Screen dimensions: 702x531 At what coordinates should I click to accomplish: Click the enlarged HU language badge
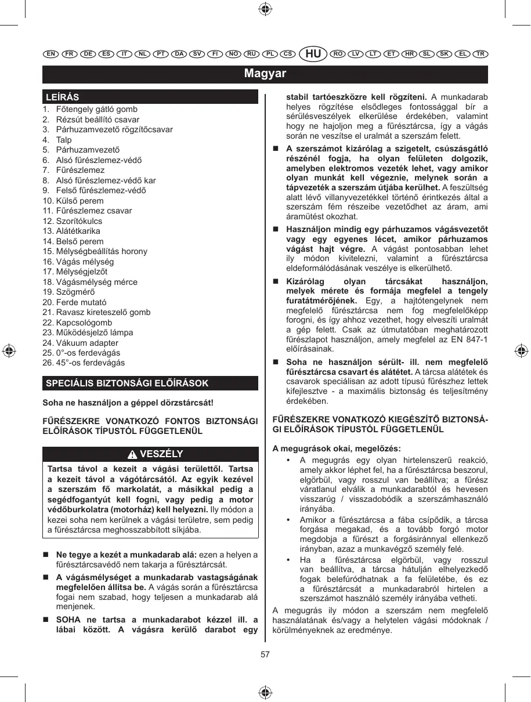point(313,54)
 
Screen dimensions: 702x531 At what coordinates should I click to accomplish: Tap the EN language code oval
point(50,54)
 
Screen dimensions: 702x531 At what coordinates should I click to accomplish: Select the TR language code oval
point(479,54)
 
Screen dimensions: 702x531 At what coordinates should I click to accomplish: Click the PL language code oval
point(269,54)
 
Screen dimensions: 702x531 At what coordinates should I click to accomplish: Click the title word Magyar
point(265,74)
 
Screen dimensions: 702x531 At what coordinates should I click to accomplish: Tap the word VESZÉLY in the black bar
point(161,454)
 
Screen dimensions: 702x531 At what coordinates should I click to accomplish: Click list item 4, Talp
point(64,140)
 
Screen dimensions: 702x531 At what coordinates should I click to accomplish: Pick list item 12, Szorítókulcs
point(79,221)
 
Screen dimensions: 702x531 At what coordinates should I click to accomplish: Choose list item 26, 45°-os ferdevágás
point(90,363)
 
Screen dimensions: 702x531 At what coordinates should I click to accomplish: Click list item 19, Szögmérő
point(75,292)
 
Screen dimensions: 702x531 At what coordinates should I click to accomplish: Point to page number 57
point(265,654)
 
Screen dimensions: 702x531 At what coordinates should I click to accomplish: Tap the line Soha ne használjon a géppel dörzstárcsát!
point(128,402)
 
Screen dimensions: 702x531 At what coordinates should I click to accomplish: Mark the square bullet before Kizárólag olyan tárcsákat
point(276,281)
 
